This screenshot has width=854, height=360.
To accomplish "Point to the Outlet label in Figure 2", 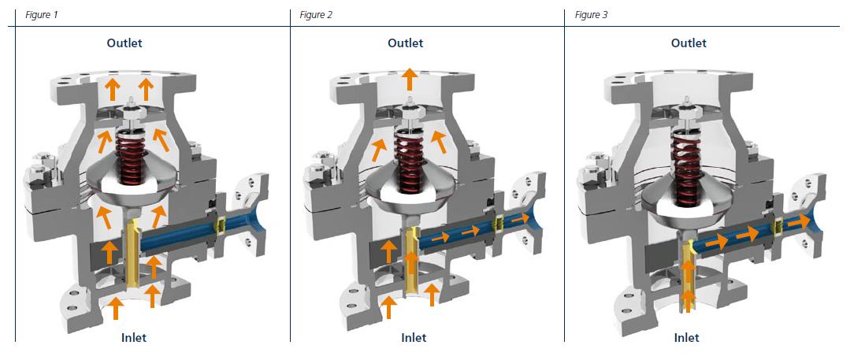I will coord(405,43).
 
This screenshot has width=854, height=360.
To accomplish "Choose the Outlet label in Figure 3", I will coord(689,43).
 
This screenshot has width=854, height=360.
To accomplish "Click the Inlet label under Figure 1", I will coord(133,338).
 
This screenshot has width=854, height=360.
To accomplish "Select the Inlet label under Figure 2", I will coord(414,338).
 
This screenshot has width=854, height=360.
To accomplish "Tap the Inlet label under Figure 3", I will coord(686,338).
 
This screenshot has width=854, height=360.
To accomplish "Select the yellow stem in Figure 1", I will coord(132,252).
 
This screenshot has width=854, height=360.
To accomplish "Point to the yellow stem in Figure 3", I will coord(689,272).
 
